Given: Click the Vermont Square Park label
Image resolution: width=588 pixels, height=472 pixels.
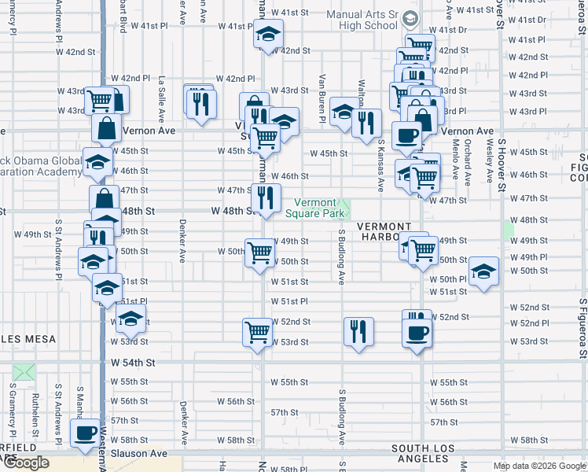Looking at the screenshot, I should tap(314, 208).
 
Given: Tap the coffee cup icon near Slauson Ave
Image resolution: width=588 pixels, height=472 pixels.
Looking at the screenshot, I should tap(85, 433).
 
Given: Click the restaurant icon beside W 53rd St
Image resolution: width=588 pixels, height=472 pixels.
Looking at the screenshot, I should tap(358, 331).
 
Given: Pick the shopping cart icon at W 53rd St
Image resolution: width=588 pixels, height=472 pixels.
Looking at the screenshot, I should tap(257, 331).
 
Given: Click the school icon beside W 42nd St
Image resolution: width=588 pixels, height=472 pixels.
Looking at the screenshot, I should tap(268, 35).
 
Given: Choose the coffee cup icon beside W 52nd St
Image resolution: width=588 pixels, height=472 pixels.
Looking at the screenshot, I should tap(417, 331).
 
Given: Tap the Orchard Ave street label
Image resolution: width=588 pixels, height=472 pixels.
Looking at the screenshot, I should tap(467, 162).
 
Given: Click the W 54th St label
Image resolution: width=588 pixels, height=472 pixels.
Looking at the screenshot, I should tap(134, 363).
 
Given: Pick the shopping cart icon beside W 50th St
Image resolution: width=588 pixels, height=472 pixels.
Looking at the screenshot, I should tap(259, 253).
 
